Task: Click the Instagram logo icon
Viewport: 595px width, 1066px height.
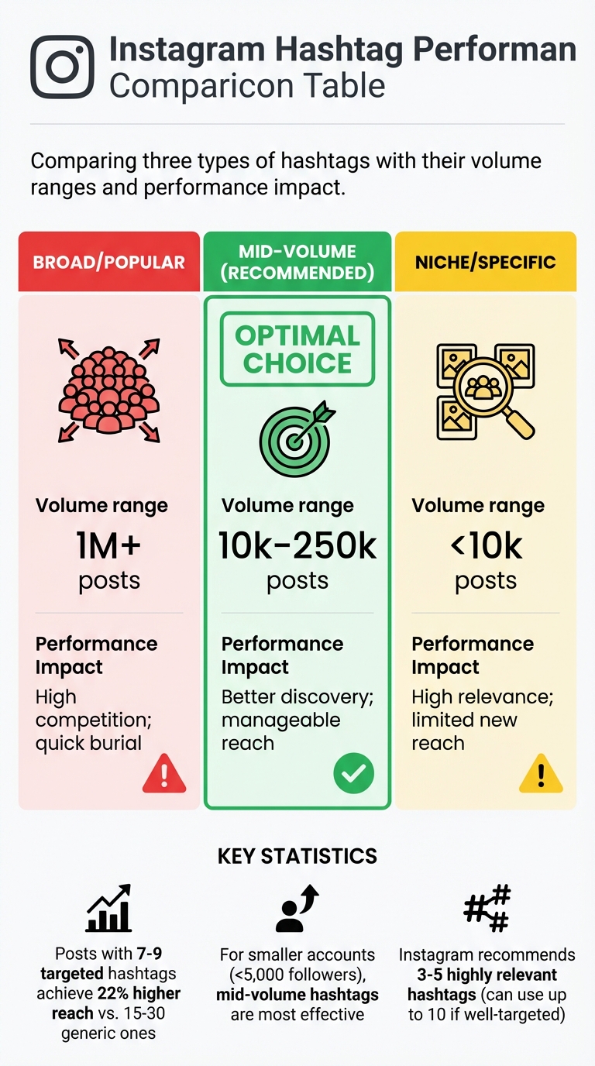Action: (62, 67)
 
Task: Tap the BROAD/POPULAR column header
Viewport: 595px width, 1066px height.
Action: (109, 262)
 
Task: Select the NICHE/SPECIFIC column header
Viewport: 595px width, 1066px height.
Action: (486, 262)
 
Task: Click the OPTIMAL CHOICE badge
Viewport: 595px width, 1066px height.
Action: (297, 349)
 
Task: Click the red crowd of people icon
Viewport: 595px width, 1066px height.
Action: (109, 384)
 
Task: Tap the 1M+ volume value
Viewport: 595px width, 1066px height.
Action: (108, 546)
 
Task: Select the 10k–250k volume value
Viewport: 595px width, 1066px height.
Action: (297, 546)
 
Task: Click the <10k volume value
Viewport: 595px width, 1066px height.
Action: (486, 546)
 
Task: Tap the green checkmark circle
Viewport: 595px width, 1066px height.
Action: (353, 772)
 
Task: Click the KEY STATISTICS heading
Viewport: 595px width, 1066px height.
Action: (297, 855)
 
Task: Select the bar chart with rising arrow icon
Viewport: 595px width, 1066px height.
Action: (108, 911)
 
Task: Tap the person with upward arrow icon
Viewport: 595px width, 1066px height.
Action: (297, 910)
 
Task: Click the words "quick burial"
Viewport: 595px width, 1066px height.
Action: (88, 743)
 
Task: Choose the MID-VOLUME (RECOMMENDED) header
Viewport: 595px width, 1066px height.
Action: (297, 262)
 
